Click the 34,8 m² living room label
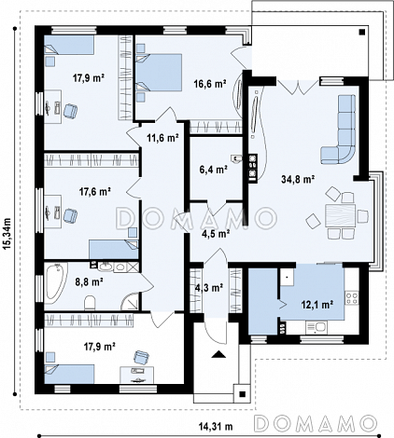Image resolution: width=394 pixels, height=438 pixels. [x=298, y=179]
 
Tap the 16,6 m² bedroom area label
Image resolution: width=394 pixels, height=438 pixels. [x=210, y=84]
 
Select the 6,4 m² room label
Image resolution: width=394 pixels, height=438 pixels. [x=213, y=170]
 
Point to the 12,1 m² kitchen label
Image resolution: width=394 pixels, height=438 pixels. [x=317, y=305]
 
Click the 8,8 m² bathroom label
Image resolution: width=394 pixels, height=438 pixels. [x=90, y=282]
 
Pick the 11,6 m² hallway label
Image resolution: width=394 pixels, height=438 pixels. [x=162, y=138]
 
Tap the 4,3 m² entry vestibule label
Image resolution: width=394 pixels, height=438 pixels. [x=209, y=288]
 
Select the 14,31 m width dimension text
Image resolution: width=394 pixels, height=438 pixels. [x=216, y=427]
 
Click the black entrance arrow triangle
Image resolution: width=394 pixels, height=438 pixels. [x=218, y=354]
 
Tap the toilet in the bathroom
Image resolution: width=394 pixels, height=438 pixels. [x=90, y=303]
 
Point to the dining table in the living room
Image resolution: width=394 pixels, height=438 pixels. [x=341, y=215]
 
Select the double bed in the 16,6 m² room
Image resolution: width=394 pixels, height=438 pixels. [x=159, y=73]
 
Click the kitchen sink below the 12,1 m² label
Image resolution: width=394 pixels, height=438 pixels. [x=317, y=327]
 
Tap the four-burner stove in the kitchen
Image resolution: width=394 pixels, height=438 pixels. [x=352, y=298]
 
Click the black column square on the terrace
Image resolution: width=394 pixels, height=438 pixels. [x=361, y=32]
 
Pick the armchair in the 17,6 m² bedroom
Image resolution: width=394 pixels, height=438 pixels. [x=70, y=215]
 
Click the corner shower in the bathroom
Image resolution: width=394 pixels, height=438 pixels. [x=130, y=301]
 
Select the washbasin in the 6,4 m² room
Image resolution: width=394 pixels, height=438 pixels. [x=236, y=158]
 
